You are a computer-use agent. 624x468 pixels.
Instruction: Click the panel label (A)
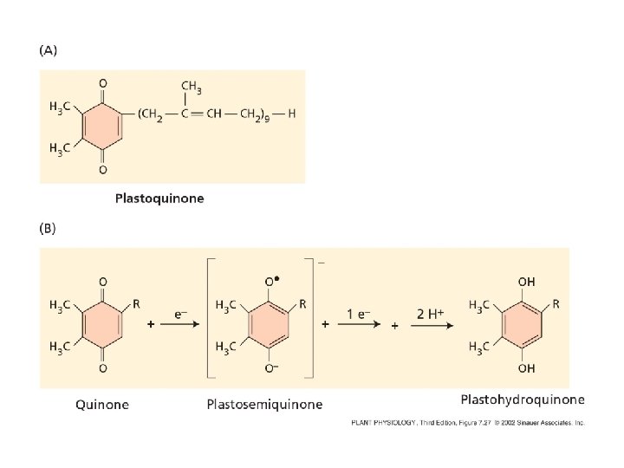click(x=49, y=50)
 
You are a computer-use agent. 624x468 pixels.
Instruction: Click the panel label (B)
click(x=49, y=230)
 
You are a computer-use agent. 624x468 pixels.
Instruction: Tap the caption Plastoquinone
click(x=160, y=198)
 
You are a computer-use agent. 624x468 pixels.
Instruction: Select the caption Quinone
click(x=103, y=404)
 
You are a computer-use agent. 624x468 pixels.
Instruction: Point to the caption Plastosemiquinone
click(x=265, y=404)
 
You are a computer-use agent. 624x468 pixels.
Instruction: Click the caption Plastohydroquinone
click(x=523, y=400)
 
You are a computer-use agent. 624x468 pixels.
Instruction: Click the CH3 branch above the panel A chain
click(x=193, y=86)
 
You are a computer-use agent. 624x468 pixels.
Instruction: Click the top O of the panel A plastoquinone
click(x=103, y=83)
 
